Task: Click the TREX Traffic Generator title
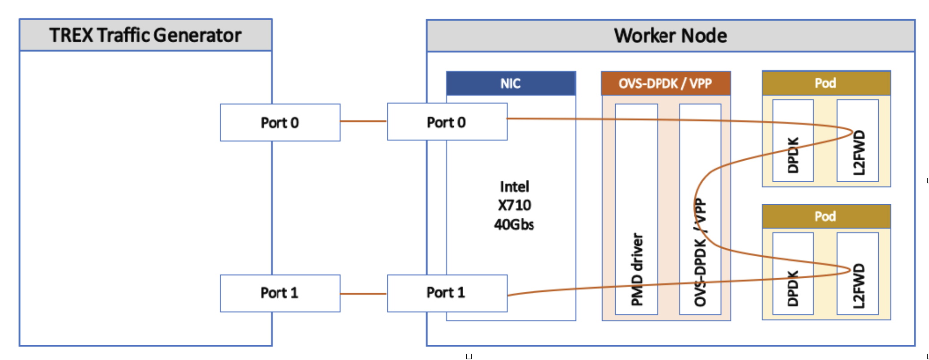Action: click(145, 35)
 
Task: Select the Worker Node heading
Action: click(670, 35)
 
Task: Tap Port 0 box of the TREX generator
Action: click(280, 123)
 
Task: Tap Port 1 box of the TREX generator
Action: click(280, 293)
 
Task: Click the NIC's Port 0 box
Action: click(447, 122)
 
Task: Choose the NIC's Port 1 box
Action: click(447, 293)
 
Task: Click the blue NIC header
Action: click(511, 83)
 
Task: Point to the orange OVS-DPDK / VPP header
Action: click(666, 83)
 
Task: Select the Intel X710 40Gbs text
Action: click(514, 205)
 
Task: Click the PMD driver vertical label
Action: click(637, 269)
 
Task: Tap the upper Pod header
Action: click(826, 83)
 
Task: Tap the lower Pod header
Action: click(826, 216)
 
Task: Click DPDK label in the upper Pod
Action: click(793, 155)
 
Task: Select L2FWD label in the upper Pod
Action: click(858, 153)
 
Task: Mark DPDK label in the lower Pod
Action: click(793, 288)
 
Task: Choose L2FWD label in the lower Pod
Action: click(858, 286)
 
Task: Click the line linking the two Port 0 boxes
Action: click(364, 121)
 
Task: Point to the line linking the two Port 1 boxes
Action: click(364, 294)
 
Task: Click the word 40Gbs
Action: click(514, 224)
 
